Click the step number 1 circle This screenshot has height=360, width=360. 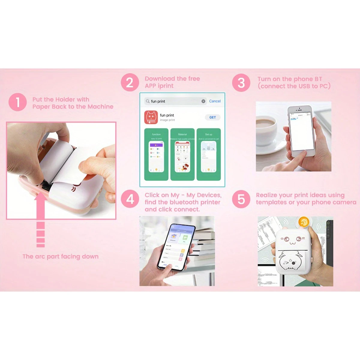pos(18,102)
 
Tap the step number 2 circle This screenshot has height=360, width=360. pos(130,82)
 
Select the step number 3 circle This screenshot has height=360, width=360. pos(241,82)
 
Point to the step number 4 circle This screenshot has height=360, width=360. pos(130,199)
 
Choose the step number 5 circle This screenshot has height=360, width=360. pos(241,199)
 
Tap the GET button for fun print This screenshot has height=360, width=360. pos(212,117)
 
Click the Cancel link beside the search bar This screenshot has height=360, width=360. pos(215,101)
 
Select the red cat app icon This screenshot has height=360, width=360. pos(151,117)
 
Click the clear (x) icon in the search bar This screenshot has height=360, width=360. pos(203,101)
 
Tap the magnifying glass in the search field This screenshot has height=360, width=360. pos(148,101)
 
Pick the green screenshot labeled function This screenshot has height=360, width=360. pos(156,154)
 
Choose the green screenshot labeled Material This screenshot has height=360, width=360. pos(182,154)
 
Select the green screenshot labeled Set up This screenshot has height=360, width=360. pos(208,154)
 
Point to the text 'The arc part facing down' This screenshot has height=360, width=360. pos(60,256)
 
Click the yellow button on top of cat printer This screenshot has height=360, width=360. pos(304,222)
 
